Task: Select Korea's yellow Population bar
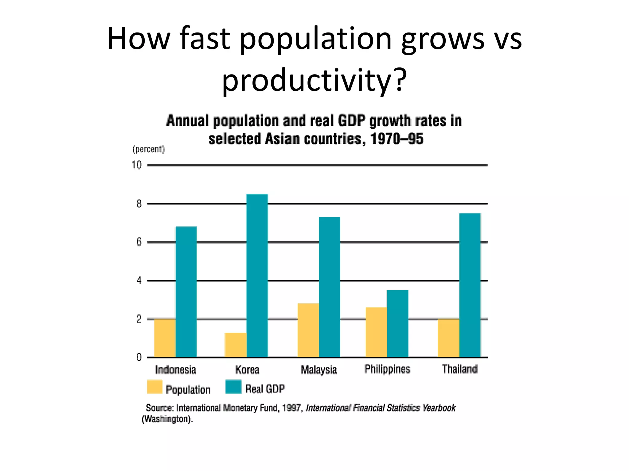click(x=235, y=345)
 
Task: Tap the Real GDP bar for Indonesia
click(x=186, y=292)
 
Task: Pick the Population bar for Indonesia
click(x=165, y=338)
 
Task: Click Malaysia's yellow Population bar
click(x=308, y=330)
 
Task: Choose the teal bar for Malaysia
click(x=330, y=287)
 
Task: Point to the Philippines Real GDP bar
click(x=397, y=324)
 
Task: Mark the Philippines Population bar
click(x=376, y=332)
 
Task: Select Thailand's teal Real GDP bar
click(x=470, y=285)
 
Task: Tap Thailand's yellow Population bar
click(x=448, y=338)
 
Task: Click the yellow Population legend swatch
click(x=154, y=387)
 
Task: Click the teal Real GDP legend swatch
click(x=233, y=387)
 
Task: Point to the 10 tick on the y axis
click(x=137, y=165)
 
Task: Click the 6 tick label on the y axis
click(x=139, y=242)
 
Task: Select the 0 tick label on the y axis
click(x=139, y=358)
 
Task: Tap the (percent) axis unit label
click(x=149, y=149)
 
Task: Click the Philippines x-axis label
click(x=387, y=369)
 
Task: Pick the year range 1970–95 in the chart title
click(x=397, y=139)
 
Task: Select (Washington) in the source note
click(x=167, y=419)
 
